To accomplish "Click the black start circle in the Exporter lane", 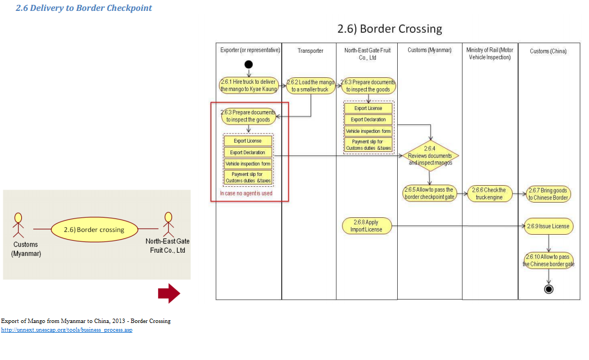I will click(249, 65).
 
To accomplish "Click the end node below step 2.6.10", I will click(549, 289).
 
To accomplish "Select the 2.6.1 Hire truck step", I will click(248, 86).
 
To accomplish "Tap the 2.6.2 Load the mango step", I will click(310, 86).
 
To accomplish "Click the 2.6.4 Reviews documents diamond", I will click(430, 155).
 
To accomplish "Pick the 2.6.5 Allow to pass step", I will click(430, 193).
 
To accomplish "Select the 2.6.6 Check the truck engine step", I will click(490, 193).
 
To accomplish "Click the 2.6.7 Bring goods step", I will click(548, 194).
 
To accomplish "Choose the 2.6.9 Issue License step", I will click(548, 226).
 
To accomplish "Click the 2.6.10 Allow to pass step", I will click(548, 260).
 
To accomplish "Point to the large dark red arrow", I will click(169, 294).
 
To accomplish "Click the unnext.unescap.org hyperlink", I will click(66, 330).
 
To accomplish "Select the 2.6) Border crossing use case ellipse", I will click(94, 229).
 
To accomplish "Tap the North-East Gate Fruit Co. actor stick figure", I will click(168, 224).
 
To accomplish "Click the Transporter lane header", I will click(310, 51).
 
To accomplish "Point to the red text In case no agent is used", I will click(246, 193).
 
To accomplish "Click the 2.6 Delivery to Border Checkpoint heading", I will click(84, 8).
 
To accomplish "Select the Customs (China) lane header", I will click(548, 51).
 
